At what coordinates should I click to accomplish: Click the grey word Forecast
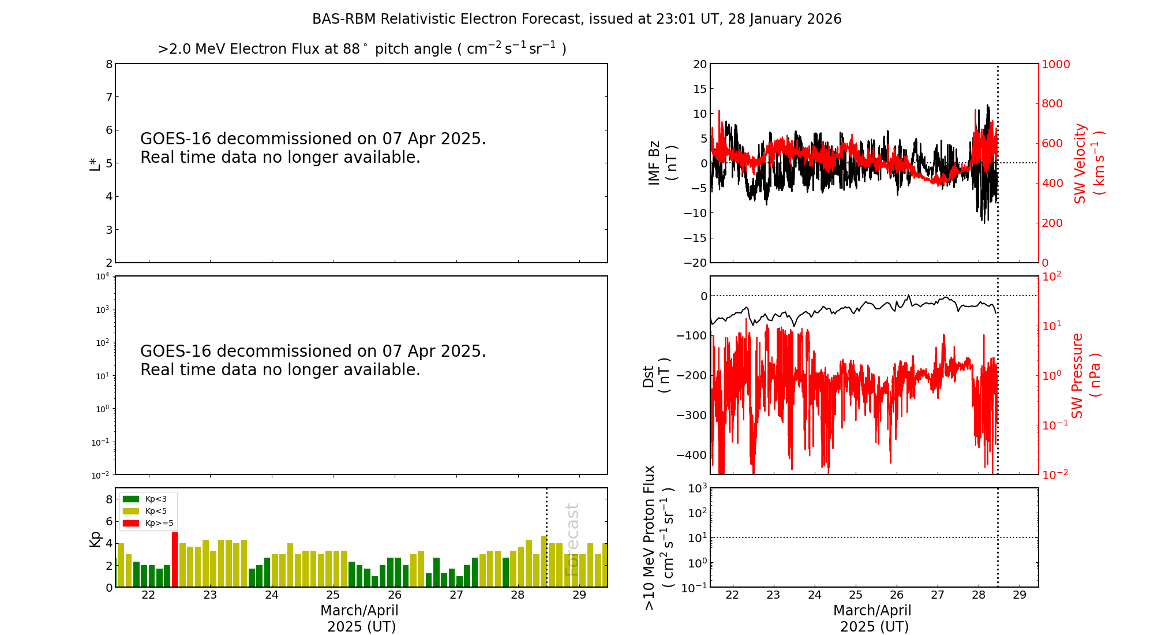tap(572, 539)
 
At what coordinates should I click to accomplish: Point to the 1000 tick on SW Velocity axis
tap(1055, 64)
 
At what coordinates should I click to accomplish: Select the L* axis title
tap(95, 163)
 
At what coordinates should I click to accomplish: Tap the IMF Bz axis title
tap(662, 163)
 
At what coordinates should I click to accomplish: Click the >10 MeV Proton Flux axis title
tap(658, 537)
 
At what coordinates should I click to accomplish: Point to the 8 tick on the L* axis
tap(108, 64)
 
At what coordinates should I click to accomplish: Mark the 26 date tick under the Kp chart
tap(395, 595)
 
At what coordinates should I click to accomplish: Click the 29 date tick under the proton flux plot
tap(1020, 595)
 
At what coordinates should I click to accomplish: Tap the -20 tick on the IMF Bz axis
tap(695, 263)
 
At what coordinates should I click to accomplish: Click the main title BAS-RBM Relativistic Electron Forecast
tap(576, 19)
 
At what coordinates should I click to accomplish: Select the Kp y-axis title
tap(95, 539)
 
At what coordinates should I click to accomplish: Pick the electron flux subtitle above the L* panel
tap(362, 49)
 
